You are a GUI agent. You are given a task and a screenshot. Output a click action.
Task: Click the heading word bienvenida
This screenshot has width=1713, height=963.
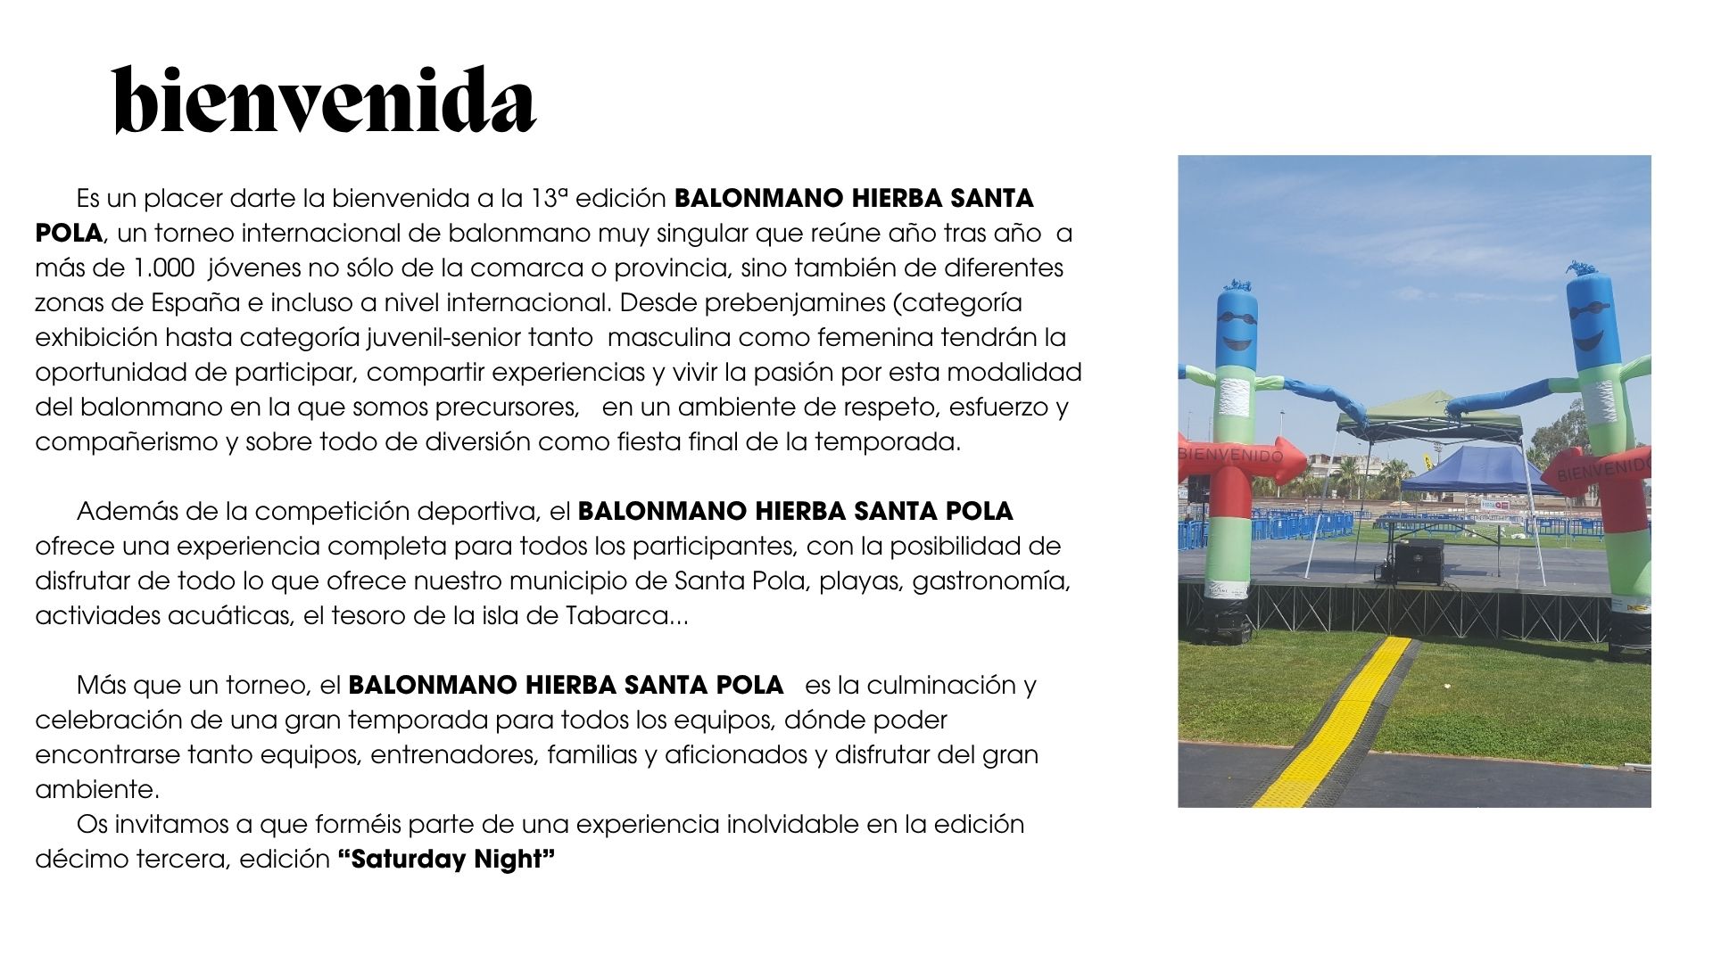click(325, 100)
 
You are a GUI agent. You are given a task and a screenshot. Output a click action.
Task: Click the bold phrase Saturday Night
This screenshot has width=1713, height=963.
click(446, 860)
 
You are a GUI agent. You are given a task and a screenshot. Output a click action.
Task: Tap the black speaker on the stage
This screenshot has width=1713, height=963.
click(1419, 561)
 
